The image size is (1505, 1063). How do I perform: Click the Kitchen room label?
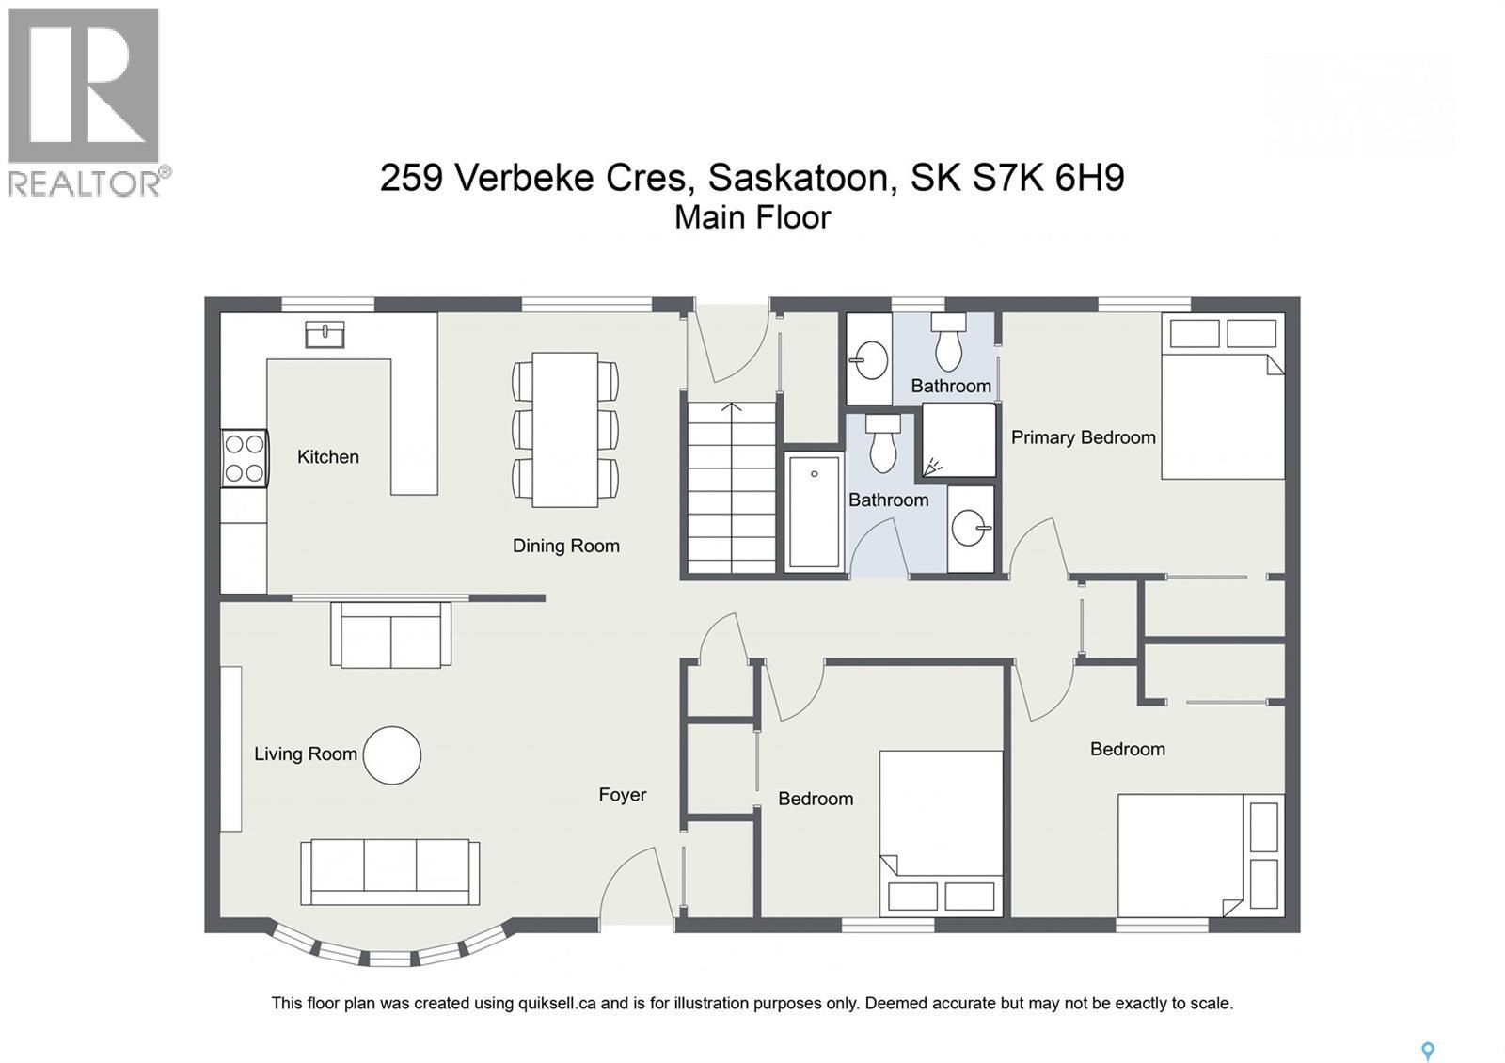327,457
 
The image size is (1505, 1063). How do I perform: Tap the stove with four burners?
245,458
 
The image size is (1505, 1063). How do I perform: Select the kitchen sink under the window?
325,334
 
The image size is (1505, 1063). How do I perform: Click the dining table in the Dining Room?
564,429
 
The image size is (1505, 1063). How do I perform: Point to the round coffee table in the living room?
391,755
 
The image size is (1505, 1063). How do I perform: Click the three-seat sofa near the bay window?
389,871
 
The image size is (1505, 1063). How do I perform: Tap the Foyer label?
622,795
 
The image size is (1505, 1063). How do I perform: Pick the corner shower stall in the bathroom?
958,440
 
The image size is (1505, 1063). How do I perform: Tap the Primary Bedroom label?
1083,437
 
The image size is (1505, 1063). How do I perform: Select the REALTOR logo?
85,102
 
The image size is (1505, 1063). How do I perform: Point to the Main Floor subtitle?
752,217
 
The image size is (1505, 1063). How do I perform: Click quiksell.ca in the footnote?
557,1003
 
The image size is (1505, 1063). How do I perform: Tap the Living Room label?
305,754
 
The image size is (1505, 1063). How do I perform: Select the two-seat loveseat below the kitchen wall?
390,635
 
